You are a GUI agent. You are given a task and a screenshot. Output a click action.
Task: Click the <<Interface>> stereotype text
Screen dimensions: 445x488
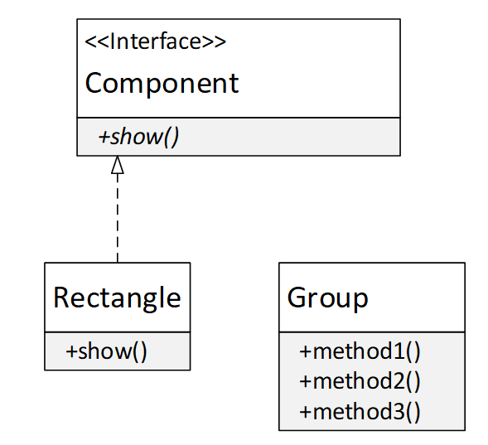point(156,41)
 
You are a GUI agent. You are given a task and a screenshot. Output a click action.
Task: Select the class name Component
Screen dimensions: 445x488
point(162,83)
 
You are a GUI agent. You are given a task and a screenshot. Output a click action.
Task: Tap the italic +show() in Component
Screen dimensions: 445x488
point(138,137)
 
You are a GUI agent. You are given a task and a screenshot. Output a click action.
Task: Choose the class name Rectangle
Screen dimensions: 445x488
point(117,297)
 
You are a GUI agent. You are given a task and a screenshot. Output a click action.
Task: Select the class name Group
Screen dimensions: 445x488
point(327,297)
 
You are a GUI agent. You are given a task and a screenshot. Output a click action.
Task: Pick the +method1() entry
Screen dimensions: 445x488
point(360,351)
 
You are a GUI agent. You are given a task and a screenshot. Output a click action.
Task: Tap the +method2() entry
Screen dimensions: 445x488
point(360,381)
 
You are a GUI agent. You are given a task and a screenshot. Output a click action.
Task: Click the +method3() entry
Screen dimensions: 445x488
point(360,411)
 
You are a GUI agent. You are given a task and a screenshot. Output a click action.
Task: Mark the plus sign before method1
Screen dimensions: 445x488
point(305,351)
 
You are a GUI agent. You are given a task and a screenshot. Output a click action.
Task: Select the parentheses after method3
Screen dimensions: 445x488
point(413,411)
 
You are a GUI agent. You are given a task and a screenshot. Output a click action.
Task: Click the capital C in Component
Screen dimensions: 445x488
point(94,83)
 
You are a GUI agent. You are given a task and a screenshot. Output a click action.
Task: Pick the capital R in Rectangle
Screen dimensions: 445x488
point(62,297)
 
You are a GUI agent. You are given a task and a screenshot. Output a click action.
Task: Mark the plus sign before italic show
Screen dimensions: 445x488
point(104,138)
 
